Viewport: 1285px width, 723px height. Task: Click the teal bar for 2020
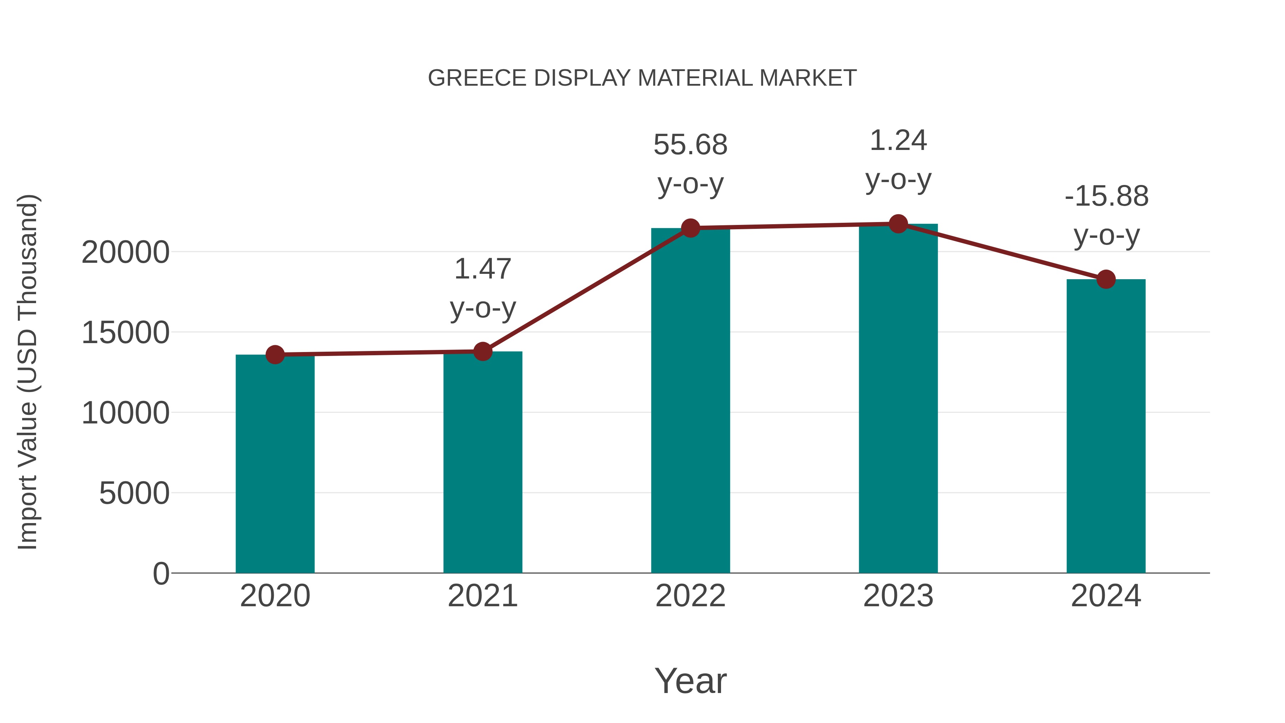pos(275,464)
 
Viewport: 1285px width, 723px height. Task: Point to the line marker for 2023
pos(898,224)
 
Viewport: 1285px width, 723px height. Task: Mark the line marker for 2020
pos(275,355)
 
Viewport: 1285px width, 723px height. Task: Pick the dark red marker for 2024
pos(1106,280)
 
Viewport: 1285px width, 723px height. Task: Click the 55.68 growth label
pos(690,145)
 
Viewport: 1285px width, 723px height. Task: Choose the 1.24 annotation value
pos(898,141)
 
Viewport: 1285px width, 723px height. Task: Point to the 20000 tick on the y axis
pos(125,252)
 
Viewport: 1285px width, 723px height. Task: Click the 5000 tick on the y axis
pos(134,493)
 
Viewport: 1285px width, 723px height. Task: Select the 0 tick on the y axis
pos(161,574)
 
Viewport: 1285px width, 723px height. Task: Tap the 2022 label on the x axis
pos(690,596)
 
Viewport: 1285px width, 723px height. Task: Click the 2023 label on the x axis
pos(898,596)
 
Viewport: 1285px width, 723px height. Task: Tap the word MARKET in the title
pos(808,78)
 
